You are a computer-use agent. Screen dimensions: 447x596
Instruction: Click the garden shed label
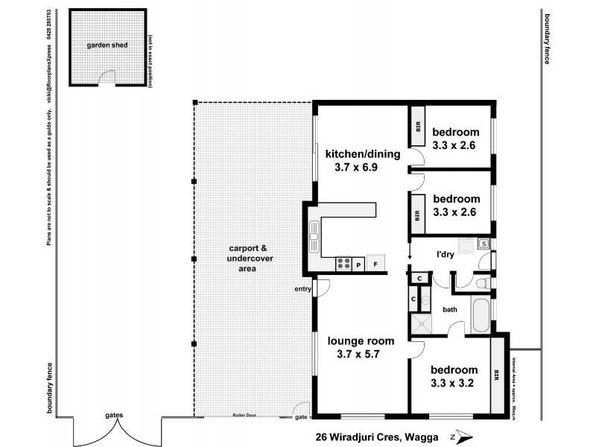(107, 45)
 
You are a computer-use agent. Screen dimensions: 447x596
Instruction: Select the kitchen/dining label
(363, 154)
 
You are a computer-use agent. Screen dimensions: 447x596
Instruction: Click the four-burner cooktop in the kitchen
(344, 264)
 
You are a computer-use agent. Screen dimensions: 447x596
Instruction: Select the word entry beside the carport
(302, 289)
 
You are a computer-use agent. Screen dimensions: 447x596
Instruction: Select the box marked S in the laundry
(483, 244)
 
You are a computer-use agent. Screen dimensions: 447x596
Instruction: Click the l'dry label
(446, 256)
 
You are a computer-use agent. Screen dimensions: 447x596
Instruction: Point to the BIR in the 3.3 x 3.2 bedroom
(496, 374)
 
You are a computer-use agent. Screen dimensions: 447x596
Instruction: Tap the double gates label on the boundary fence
(114, 415)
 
